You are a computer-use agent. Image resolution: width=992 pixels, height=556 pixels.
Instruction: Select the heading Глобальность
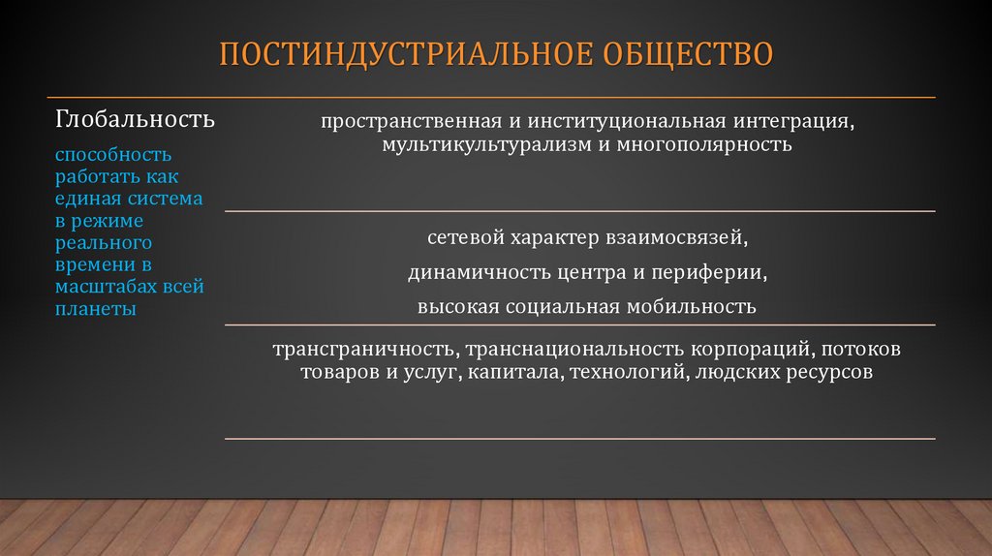(x=136, y=120)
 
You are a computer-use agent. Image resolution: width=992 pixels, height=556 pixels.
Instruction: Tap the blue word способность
(x=113, y=155)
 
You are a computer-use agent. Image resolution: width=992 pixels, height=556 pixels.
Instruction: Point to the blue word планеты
(x=95, y=309)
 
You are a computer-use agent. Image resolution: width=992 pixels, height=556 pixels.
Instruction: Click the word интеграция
(x=796, y=123)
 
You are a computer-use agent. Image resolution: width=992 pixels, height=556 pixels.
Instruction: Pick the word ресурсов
(x=830, y=371)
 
